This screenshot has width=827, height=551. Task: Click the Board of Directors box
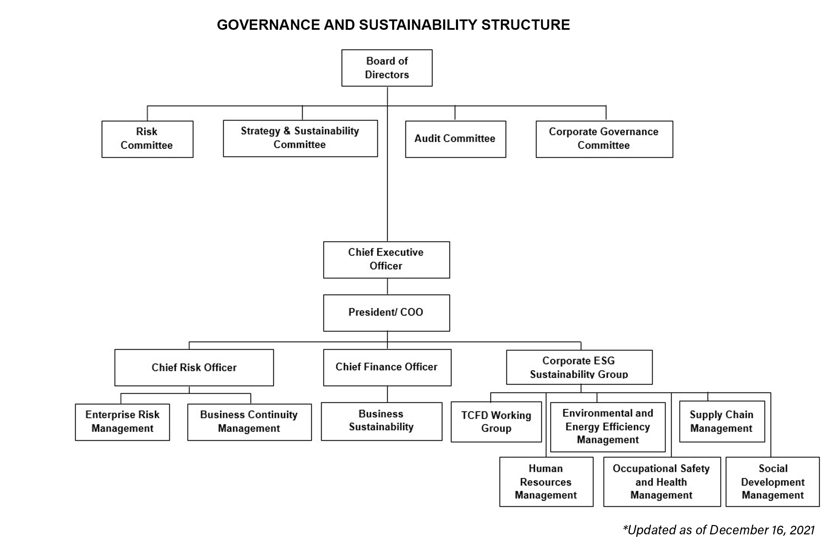(x=387, y=68)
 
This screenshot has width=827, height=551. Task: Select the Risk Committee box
(x=147, y=139)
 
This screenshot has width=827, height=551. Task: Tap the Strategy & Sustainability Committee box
(x=300, y=139)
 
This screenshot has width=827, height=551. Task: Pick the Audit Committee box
(x=455, y=139)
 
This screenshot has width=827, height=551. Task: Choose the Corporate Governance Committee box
(x=604, y=139)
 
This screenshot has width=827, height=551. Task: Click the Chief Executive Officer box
(x=386, y=260)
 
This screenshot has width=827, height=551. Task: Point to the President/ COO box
(x=386, y=313)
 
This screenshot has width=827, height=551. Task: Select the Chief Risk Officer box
(x=194, y=367)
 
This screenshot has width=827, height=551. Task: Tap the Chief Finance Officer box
(x=387, y=367)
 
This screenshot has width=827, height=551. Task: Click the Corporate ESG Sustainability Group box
(x=579, y=367)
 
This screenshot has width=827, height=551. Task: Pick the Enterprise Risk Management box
(x=122, y=422)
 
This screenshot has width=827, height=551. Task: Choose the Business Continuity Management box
(x=249, y=422)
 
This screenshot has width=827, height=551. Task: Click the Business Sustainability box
(x=381, y=421)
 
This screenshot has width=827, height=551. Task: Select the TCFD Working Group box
(x=496, y=422)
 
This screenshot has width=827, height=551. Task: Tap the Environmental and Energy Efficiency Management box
(x=608, y=427)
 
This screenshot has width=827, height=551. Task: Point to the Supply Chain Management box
(x=722, y=421)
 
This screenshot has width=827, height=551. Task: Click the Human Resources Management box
(x=546, y=481)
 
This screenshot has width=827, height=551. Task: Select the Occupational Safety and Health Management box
(x=662, y=481)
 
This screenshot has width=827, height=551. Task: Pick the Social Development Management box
(x=773, y=481)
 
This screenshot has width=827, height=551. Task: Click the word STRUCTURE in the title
(x=525, y=25)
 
